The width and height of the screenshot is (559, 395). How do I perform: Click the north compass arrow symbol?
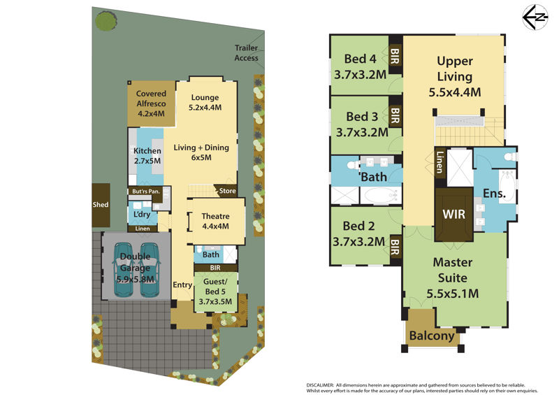pos(535,17)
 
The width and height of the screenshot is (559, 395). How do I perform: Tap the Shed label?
pos(101,205)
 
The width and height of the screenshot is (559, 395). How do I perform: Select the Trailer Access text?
pos(247,53)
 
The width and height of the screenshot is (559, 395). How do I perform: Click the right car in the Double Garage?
pos(150,270)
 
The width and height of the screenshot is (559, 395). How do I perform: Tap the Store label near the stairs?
pos(228,191)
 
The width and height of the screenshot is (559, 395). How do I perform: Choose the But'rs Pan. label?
pos(146,192)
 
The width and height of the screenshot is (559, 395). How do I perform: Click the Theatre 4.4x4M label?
pos(216,221)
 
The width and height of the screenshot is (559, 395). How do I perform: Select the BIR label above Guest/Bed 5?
pos(215,268)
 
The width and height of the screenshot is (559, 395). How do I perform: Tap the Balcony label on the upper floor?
pos(432,336)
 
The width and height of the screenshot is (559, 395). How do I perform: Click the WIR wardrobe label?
pos(453,214)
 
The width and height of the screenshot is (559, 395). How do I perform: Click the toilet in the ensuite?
pos(510,157)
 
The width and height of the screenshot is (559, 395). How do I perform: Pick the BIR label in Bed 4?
pos(395,56)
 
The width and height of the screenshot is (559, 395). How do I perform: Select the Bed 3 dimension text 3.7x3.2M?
pos(362,132)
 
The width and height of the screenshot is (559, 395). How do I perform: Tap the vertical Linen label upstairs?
pos(440,162)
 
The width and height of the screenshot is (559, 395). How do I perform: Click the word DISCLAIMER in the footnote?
pos(320,385)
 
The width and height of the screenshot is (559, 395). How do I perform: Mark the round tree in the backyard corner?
pos(106,21)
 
